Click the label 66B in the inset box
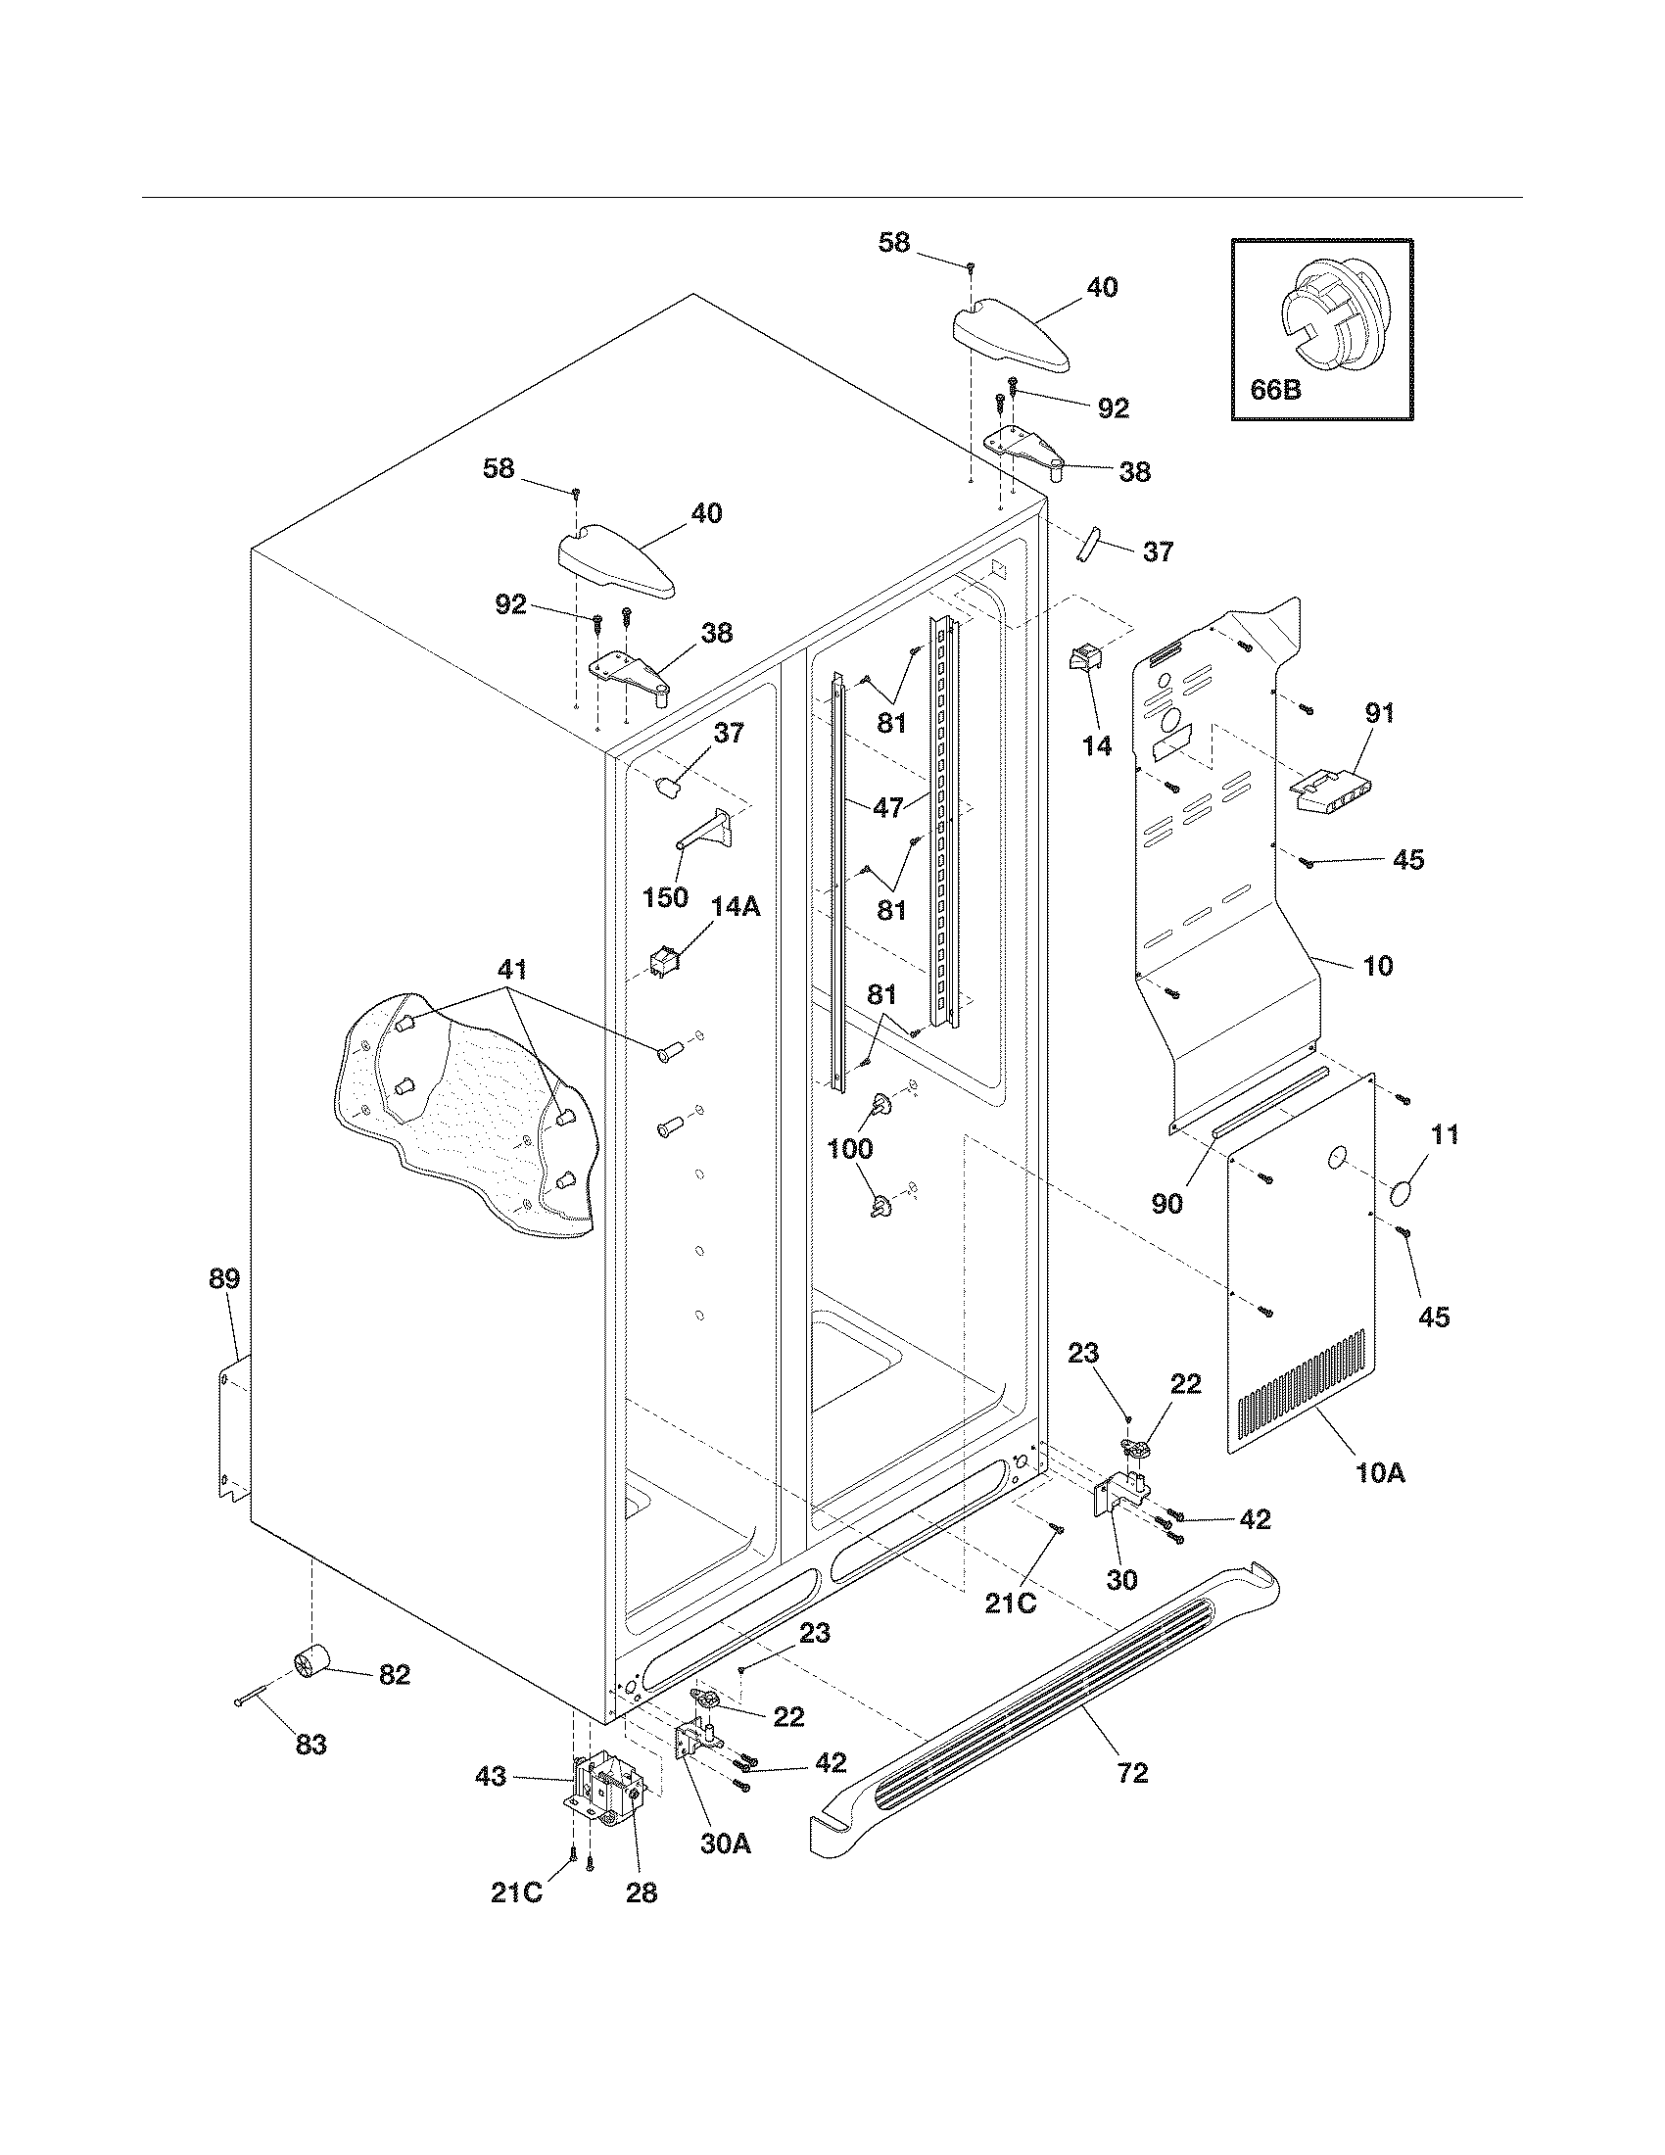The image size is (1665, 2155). click(x=1274, y=390)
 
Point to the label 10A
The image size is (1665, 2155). click(x=1380, y=1501)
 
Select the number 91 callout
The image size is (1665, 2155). click(x=1379, y=712)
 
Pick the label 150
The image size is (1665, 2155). click(x=665, y=898)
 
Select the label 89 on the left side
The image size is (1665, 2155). click(x=224, y=1280)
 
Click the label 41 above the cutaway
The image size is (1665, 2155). click(x=512, y=969)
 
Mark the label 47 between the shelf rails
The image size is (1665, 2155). click(x=887, y=807)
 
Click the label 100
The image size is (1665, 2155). click(x=849, y=1149)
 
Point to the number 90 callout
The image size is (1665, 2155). click(x=1166, y=1204)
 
